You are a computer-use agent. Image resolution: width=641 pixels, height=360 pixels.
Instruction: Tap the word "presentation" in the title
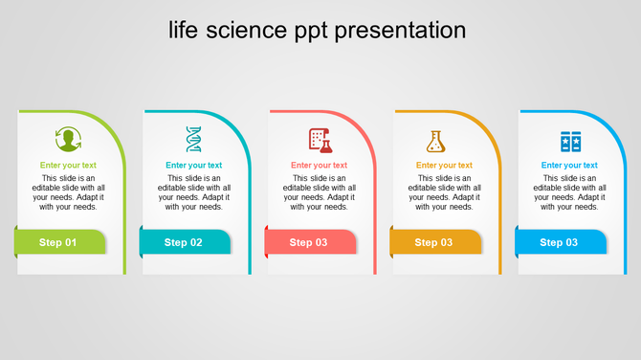(x=401, y=31)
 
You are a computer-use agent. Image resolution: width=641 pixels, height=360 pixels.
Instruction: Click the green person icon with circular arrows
(x=68, y=140)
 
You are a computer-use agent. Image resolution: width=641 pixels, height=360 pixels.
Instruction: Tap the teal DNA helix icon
(x=194, y=140)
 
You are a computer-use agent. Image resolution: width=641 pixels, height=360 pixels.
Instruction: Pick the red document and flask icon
(x=320, y=140)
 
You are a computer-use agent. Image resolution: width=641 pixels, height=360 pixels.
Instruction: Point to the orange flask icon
(x=436, y=141)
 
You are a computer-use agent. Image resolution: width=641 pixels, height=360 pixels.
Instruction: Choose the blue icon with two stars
(x=570, y=142)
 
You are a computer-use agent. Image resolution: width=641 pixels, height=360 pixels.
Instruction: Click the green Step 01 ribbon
(x=59, y=242)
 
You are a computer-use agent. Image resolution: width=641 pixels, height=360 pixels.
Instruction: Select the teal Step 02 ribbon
(x=185, y=242)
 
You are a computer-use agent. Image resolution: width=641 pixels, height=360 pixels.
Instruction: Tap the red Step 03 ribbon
(x=310, y=242)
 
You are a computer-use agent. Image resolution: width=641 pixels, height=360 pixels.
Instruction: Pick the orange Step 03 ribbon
(x=435, y=242)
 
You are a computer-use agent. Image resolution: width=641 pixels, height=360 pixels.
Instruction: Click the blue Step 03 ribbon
(x=561, y=242)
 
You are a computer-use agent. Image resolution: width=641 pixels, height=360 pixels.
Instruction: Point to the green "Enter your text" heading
(x=68, y=166)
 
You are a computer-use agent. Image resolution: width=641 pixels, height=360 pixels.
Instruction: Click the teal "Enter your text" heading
(x=193, y=166)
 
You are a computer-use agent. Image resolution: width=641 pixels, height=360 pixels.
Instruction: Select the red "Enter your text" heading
(x=319, y=166)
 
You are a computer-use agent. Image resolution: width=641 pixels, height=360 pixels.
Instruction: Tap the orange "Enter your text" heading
(x=444, y=166)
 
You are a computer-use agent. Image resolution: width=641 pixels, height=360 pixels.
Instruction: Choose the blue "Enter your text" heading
(x=569, y=166)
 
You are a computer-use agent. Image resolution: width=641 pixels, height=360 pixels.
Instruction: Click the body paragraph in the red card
(x=319, y=192)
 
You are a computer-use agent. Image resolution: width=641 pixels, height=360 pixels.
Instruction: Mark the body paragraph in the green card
(x=68, y=192)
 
